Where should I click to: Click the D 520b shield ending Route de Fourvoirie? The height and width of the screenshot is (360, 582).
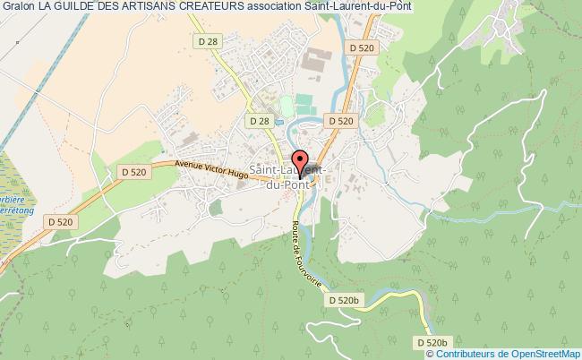click(x=343, y=299)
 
